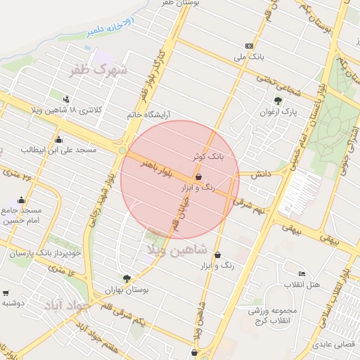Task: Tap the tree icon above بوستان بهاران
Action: coord(127,278)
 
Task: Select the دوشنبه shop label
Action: coord(13,303)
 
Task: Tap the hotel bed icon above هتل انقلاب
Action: coord(302,274)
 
